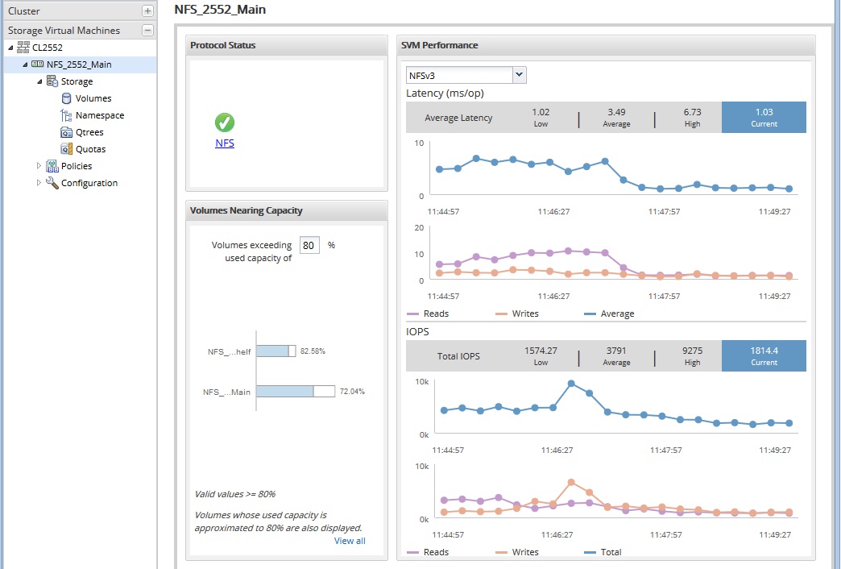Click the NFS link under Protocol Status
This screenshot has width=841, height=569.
[x=225, y=143]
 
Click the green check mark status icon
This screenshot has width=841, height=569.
[x=225, y=123]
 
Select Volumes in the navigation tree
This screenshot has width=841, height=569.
[x=93, y=98]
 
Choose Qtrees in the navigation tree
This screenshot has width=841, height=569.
[x=89, y=132]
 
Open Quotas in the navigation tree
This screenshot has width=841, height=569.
[x=90, y=149]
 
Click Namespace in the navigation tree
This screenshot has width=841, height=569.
[x=99, y=115]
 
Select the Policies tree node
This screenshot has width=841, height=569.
[x=77, y=166]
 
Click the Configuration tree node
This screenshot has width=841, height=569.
[x=89, y=183]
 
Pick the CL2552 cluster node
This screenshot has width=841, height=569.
[x=47, y=48]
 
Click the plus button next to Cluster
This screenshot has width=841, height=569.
[x=147, y=11]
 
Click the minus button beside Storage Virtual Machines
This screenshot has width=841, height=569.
[x=147, y=31]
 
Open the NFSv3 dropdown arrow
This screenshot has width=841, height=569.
[x=520, y=75]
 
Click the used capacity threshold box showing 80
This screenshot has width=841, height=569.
[x=309, y=245]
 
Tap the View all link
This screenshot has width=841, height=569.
[x=350, y=541]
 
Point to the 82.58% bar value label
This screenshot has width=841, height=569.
[x=313, y=351]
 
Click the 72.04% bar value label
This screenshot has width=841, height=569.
[x=352, y=392]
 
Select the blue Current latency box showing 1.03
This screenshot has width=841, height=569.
[x=764, y=117]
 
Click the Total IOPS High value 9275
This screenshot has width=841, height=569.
[x=692, y=355]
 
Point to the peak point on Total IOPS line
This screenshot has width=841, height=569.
[x=571, y=384]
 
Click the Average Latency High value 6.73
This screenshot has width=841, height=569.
[x=692, y=117]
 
